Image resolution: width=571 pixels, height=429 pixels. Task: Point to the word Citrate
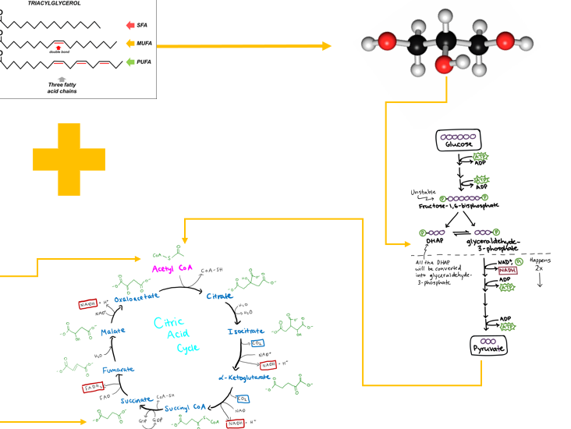point(219,296)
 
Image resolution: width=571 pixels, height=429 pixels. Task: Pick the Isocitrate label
point(244,333)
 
